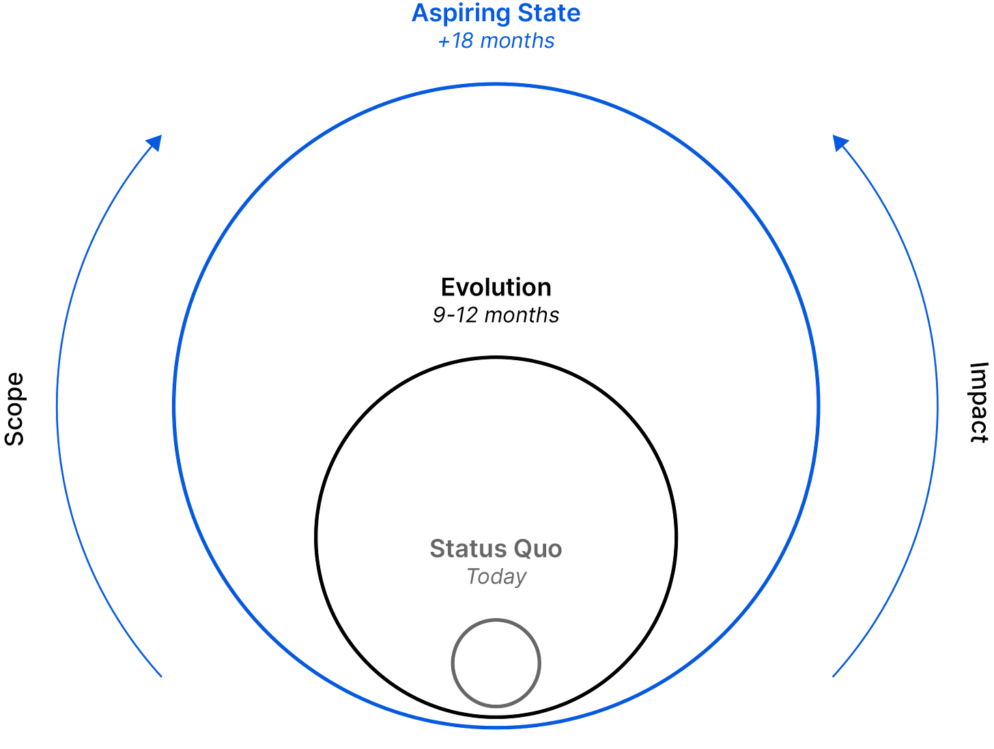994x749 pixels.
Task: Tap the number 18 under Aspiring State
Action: [463, 42]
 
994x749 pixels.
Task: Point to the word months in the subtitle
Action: [518, 42]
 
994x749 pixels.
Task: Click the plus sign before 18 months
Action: [443, 42]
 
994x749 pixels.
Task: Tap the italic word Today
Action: [496, 576]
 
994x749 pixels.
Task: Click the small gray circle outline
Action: [451, 662]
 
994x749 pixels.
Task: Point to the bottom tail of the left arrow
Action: [162, 677]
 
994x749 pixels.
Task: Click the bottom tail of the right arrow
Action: [833, 677]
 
